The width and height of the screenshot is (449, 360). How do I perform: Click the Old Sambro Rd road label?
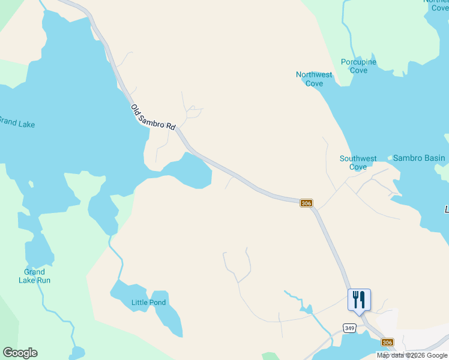click(153, 117)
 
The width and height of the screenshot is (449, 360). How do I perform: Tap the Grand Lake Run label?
click(34, 276)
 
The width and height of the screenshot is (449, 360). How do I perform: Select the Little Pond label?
click(148, 302)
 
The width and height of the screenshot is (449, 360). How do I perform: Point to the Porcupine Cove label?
click(358, 66)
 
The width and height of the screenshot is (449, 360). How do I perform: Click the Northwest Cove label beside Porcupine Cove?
click(314, 79)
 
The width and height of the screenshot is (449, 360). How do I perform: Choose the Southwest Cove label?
click(358, 163)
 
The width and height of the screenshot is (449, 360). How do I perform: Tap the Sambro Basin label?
click(419, 158)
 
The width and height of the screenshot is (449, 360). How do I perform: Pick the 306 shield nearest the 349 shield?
click(388, 341)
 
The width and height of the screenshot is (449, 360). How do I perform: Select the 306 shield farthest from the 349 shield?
click(306, 203)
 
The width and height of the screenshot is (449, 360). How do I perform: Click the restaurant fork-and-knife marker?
click(359, 299)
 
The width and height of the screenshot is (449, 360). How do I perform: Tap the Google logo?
click(20, 353)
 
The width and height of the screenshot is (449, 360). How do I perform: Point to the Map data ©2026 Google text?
click(412, 356)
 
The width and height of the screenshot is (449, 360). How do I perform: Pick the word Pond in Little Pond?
click(157, 302)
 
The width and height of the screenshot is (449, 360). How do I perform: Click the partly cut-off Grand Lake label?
click(17, 124)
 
